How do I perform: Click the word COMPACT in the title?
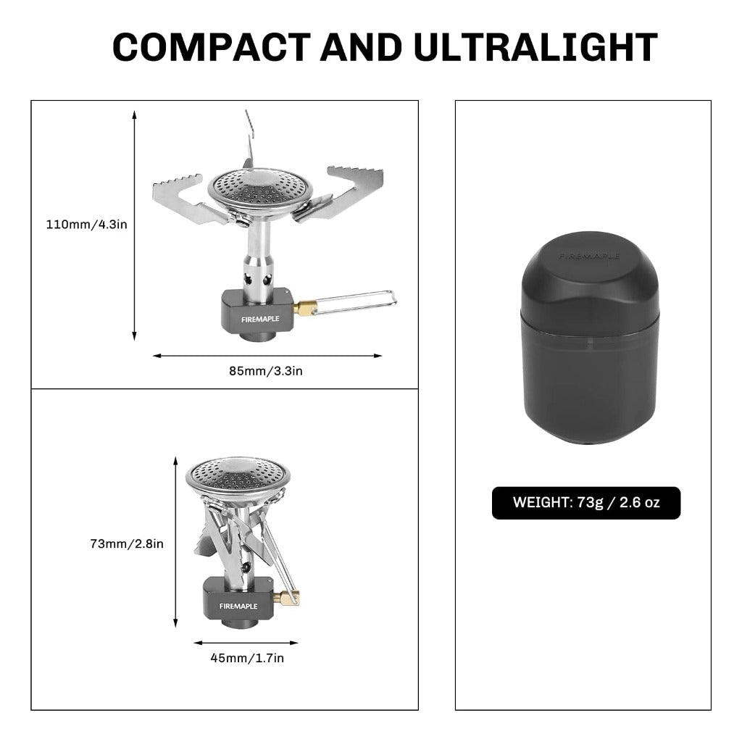(x=211, y=47)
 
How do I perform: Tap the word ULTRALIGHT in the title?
(x=535, y=47)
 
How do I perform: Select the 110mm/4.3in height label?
(x=87, y=225)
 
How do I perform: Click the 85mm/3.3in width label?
(x=266, y=371)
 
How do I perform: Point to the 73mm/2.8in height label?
(x=127, y=543)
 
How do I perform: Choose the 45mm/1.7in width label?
(x=247, y=658)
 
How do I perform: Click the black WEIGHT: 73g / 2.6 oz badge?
(x=586, y=503)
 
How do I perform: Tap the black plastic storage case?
(x=590, y=337)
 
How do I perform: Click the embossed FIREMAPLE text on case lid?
(x=589, y=256)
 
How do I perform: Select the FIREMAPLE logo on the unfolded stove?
(x=260, y=320)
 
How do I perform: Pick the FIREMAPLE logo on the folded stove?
(x=238, y=606)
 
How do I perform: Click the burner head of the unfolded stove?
(x=260, y=191)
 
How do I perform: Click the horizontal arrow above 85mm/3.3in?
(x=267, y=356)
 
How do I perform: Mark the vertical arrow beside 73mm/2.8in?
(x=175, y=542)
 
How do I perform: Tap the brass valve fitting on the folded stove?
(x=289, y=598)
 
